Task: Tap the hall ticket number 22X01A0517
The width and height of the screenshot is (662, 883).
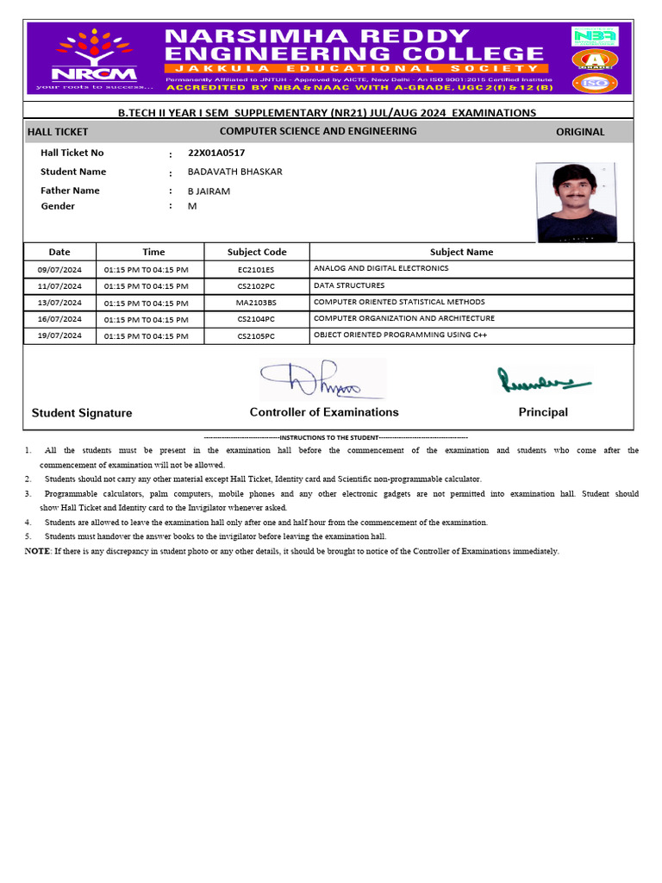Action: click(x=216, y=153)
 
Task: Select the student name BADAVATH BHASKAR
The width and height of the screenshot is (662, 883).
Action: click(x=234, y=172)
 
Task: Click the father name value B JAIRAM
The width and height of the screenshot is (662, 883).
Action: click(x=209, y=191)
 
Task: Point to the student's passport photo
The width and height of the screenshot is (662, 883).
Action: click(x=577, y=203)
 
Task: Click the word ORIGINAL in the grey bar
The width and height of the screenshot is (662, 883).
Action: click(x=580, y=132)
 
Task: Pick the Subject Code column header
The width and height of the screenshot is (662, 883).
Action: click(x=256, y=252)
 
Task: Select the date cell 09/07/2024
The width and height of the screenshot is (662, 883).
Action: click(x=59, y=269)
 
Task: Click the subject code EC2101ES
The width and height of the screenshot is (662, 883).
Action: click(x=256, y=269)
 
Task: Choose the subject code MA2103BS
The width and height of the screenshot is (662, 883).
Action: click(x=256, y=303)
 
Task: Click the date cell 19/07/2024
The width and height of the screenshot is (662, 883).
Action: click(x=59, y=336)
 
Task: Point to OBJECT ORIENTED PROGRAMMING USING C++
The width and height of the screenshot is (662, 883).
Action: click(x=400, y=335)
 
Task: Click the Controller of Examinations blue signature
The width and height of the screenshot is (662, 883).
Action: click(x=322, y=379)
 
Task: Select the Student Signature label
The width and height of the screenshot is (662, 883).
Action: click(x=82, y=413)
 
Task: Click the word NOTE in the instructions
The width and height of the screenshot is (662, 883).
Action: click(x=37, y=551)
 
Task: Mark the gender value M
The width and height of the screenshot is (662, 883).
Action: click(x=192, y=206)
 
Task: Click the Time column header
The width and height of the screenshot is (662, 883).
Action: click(x=153, y=252)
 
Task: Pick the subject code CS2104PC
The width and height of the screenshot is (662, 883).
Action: click(x=256, y=319)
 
